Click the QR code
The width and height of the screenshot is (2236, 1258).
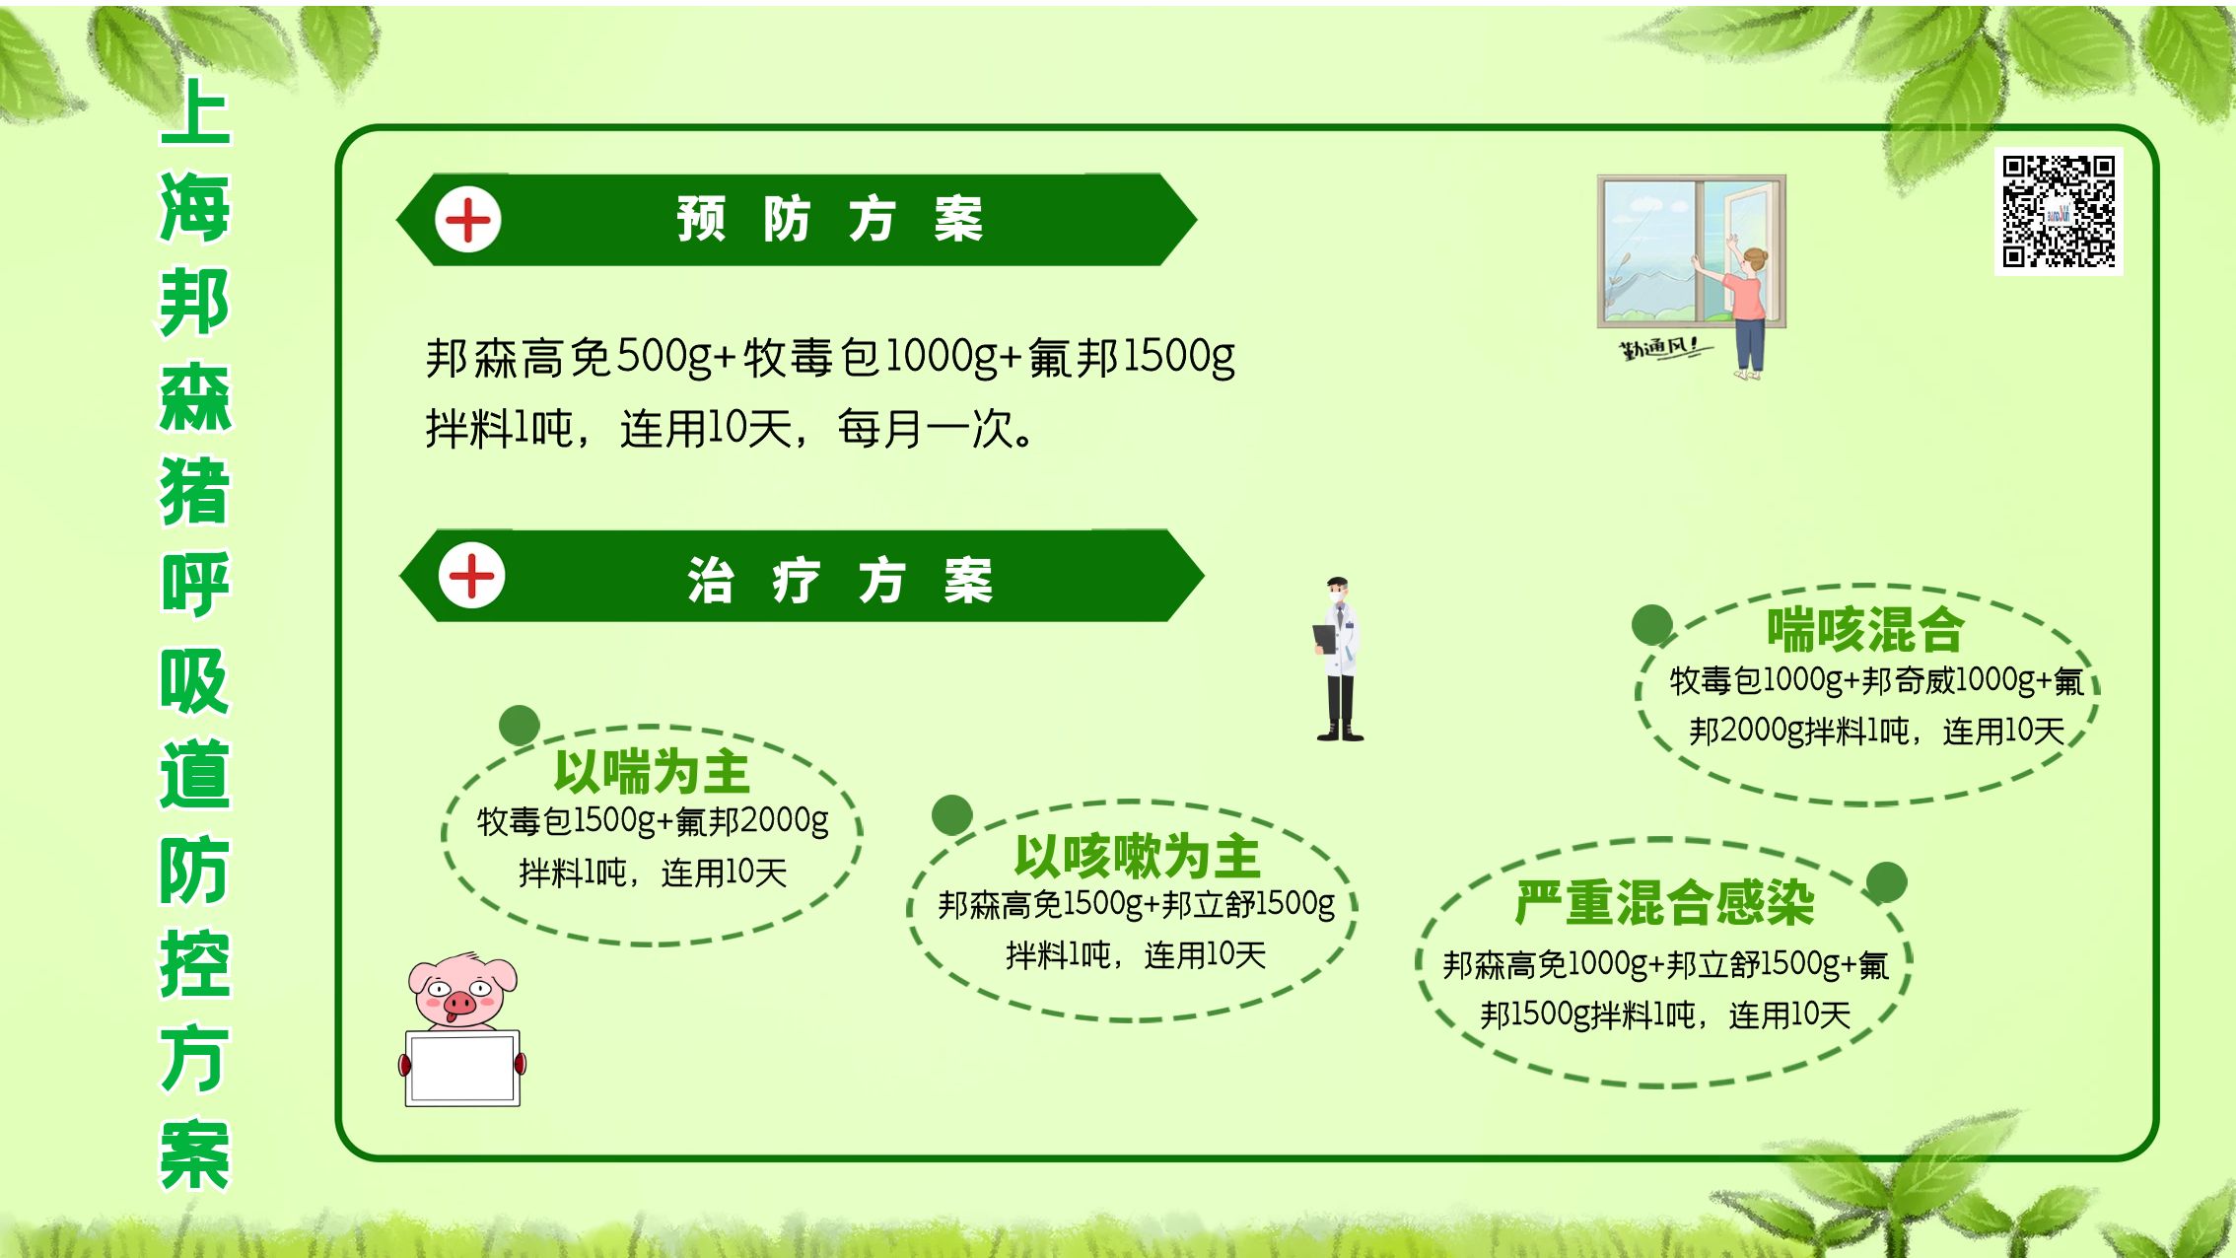(x=2059, y=211)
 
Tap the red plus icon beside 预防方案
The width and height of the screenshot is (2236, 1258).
(x=468, y=219)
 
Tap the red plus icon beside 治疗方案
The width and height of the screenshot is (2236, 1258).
(x=472, y=576)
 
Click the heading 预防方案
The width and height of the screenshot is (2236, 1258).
(x=829, y=219)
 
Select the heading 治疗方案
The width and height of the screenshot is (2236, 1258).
(x=839, y=580)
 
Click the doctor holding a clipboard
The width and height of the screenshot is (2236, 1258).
(x=1339, y=661)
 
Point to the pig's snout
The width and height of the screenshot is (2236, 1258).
(x=458, y=1005)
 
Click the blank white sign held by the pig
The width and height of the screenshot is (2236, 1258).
(x=463, y=1068)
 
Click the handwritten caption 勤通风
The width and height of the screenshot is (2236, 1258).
(x=1660, y=349)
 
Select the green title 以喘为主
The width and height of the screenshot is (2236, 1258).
(x=652, y=772)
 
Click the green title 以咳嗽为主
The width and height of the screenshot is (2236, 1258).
(x=1137, y=856)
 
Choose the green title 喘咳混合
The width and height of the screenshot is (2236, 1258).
(x=1864, y=629)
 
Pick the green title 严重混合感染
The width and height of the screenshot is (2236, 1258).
(x=1664, y=903)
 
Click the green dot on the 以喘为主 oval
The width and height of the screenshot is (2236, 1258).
(x=520, y=726)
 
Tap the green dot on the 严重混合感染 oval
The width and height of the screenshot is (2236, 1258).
(x=1886, y=882)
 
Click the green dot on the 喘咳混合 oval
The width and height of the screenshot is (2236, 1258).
(x=1652, y=625)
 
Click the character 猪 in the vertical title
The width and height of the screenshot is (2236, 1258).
(x=195, y=490)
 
